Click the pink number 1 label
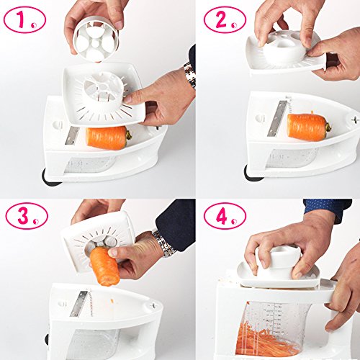coord(24,19)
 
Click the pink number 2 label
coord(225,19)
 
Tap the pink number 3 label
coord(27,216)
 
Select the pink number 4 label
coord(225,216)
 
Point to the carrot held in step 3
coord(105,266)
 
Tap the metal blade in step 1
coord(72,136)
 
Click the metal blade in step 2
coord(276,118)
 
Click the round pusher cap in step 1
coord(96,42)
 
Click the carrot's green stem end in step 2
coord(328,127)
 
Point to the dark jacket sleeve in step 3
coord(175,223)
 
